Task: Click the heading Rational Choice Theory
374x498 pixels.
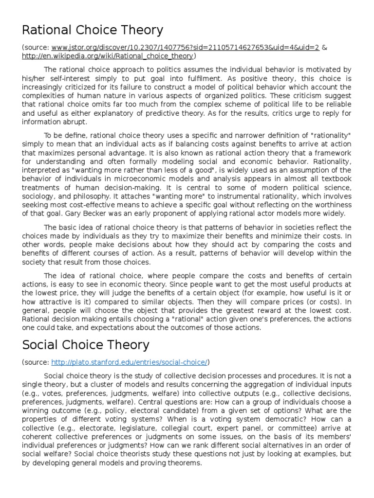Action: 93,31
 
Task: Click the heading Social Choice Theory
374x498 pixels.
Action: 86,345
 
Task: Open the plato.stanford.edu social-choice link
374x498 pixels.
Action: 129,362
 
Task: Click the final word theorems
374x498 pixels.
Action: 183,463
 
